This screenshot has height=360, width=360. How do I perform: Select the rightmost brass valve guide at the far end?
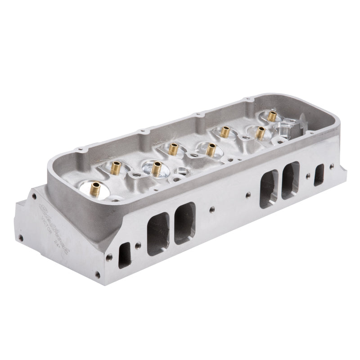tap(272, 116)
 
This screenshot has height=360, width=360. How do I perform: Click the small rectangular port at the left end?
tap(124, 255)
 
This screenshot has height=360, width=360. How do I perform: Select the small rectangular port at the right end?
tap(319, 174)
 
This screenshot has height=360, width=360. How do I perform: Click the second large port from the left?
tap(185, 223)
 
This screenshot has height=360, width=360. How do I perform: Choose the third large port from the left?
tap(269, 189)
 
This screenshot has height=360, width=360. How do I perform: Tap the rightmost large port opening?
tap(290, 180)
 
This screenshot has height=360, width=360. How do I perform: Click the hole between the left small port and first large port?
tap(138, 245)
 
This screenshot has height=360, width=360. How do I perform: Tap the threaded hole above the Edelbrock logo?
tap(34, 195)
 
